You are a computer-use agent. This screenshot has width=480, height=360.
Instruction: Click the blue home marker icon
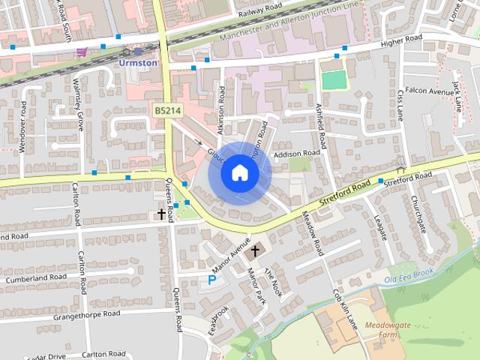[239, 173]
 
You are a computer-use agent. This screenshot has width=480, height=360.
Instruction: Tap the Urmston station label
[138, 63]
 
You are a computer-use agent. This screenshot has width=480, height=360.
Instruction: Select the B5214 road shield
[168, 110]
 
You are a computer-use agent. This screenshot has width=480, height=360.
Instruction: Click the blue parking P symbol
[211, 280]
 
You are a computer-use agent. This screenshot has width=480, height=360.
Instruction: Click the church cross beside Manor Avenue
[255, 250]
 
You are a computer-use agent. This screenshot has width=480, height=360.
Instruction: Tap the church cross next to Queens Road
[160, 214]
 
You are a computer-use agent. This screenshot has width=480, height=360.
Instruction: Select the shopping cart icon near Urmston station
[81, 52]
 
